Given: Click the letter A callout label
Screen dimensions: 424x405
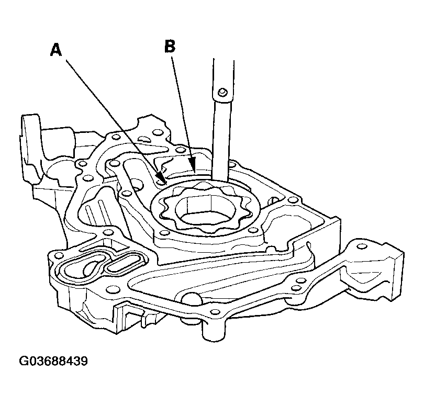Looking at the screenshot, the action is (x=56, y=50).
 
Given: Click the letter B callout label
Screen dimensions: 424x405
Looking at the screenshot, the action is (x=170, y=46).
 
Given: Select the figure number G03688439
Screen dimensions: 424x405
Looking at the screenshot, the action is (x=53, y=361).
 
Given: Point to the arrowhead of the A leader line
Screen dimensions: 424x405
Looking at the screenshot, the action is (x=161, y=178).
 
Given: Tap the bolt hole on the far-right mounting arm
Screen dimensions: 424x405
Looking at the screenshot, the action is (x=362, y=246).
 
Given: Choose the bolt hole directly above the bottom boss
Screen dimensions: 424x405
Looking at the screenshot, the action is (x=215, y=312).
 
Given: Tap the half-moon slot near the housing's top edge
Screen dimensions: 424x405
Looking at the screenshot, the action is (x=145, y=139).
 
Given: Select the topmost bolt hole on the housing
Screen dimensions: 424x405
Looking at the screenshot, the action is (x=156, y=132).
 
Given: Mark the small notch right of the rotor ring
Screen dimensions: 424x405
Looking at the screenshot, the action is (x=273, y=200).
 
